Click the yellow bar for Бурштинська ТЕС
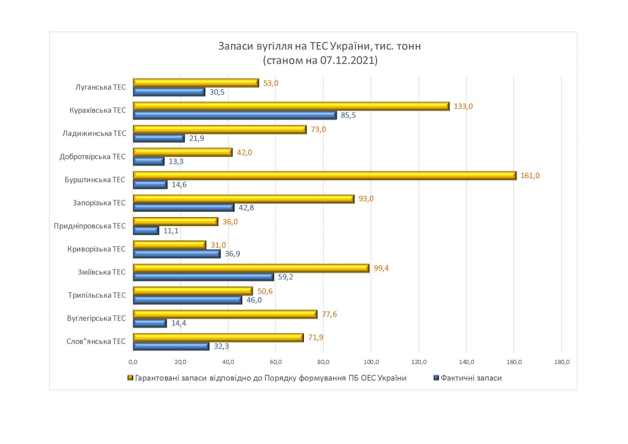[x=324, y=175]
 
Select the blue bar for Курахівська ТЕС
[x=235, y=115]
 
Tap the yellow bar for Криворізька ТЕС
[x=170, y=245]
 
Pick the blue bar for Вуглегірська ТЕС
[x=150, y=323]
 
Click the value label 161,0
[x=530, y=175]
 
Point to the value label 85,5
[x=348, y=115]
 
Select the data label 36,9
[x=232, y=254]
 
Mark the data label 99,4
[x=381, y=268]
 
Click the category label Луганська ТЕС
[x=100, y=87]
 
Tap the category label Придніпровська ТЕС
[x=90, y=226]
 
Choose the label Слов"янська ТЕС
[x=96, y=342]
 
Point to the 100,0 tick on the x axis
[x=371, y=362]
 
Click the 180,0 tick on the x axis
[x=562, y=362]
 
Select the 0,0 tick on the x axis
[x=133, y=362]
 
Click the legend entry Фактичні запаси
[x=471, y=378]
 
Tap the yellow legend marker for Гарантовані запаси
[x=130, y=378]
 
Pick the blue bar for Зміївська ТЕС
[x=203, y=277]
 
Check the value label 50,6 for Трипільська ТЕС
[x=265, y=291]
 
